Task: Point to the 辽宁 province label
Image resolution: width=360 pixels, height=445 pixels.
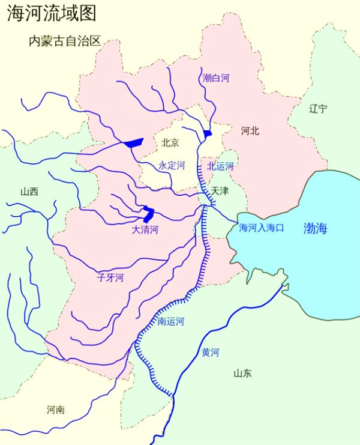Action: pyautogui.click(x=318, y=109)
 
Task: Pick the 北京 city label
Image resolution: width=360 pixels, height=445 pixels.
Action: pyautogui.click(x=170, y=143)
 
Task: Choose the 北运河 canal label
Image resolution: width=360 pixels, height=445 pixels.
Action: pyautogui.click(x=220, y=166)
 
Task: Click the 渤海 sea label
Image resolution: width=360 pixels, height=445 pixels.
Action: pyautogui.click(x=316, y=228)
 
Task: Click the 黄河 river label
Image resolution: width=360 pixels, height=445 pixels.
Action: pyautogui.click(x=210, y=353)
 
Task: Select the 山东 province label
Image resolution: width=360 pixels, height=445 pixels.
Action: pyautogui.click(x=242, y=374)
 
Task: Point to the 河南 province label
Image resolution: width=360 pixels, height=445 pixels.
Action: pyautogui.click(x=55, y=410)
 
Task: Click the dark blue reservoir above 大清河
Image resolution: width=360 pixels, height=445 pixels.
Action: pyautogui.click(x=148, y=213)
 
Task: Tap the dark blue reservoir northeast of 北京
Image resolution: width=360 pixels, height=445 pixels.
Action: pyautogui.click(x=208, y=133)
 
